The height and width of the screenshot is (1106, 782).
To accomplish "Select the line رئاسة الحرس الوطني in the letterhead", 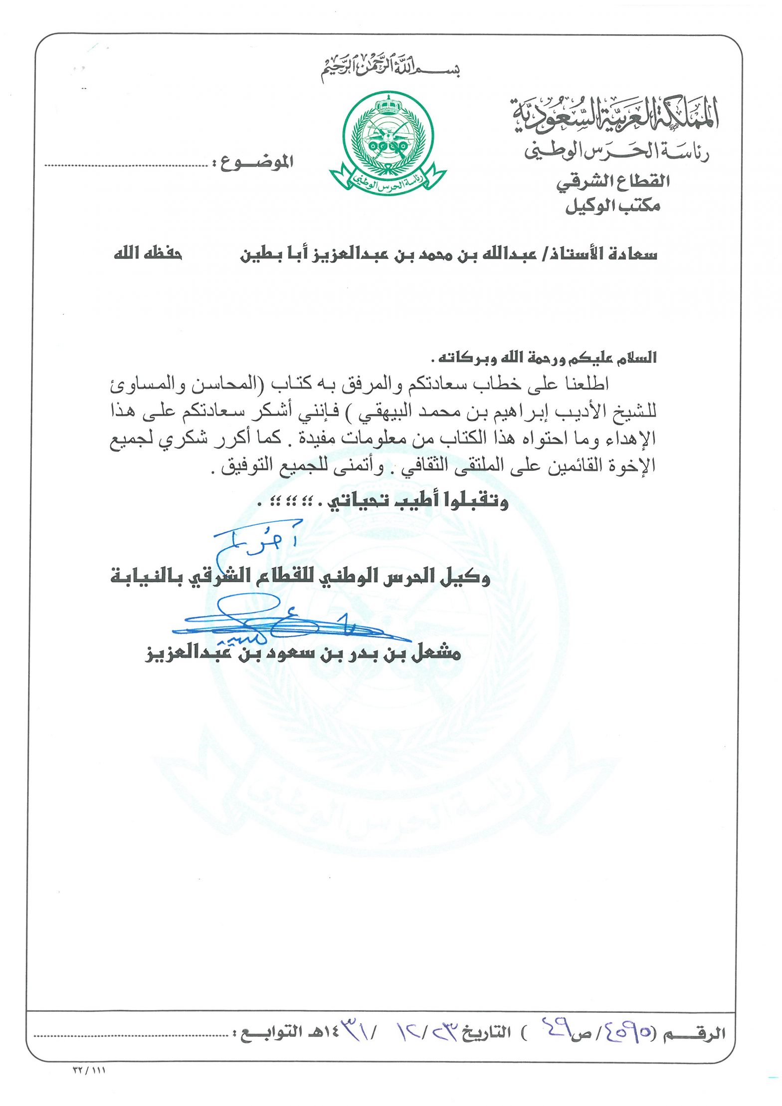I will click(616, 151).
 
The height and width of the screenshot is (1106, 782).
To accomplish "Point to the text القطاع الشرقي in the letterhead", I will click(613, 182).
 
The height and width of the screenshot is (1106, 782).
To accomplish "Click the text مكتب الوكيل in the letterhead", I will click(613, 206).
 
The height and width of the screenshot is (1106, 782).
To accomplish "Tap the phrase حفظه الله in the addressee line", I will click(148, 254).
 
